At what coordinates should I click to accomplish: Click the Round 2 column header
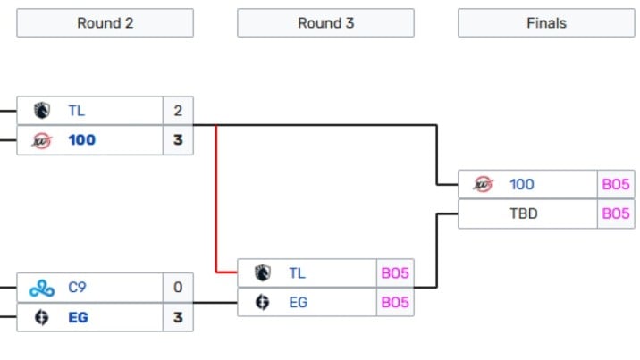(x=105, y=23)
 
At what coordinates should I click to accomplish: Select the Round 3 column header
(x=325, y=23)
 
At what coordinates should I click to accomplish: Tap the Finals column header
(x=546, y=23)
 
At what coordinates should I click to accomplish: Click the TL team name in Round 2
(x=77, y=111)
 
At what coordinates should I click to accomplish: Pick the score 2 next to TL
(x=178, y=111)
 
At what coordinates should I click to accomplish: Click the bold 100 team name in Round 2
(x=81, y=140)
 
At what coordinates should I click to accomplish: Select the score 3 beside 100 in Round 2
(x=178, y=140)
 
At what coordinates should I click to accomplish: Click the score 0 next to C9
(x=178, y=288)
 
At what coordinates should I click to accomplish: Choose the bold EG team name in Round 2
(x=79, y=317)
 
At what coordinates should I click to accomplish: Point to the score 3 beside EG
(x=178, y=317)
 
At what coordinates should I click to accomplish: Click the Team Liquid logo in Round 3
(x=262, y=273)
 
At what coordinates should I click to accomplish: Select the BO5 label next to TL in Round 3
(x=395, y=273)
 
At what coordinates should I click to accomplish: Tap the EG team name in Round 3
(x=298, y=302)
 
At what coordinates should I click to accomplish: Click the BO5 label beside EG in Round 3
(x=395, y=302)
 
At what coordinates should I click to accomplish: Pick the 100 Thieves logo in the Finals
(x=483, y=185)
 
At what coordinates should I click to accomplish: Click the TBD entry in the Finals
(x=524, y=213)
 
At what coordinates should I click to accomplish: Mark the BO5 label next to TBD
(x=616, y=213)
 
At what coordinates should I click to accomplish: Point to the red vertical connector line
(x=216, y=197)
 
